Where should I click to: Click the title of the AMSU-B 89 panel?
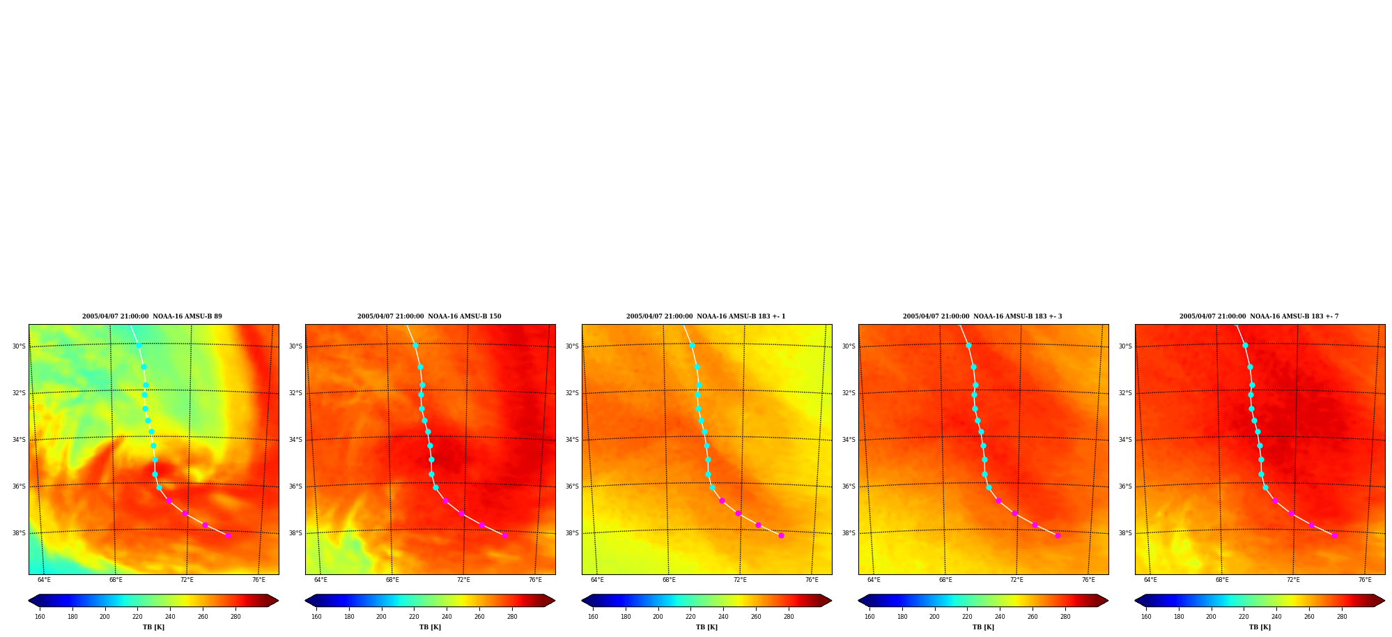coord(152,316)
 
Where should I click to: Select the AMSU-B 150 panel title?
coord(429,316)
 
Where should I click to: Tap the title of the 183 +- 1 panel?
coord(706,316)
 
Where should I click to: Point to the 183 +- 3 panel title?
coord(982,316)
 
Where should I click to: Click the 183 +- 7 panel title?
coord(1259,316)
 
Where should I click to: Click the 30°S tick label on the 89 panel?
coord(19,346)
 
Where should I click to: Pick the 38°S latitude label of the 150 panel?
coord(295,533)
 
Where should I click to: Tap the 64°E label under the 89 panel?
coord(44,580)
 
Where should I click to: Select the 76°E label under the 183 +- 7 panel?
coord(1365,580)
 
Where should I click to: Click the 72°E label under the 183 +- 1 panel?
coord(740,580)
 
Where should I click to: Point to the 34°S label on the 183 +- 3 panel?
coord(849,440)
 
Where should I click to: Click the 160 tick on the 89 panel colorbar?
coord(40,617)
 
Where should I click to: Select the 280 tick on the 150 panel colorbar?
coord(512,617)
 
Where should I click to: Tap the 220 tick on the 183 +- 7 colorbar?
coord(1244,617)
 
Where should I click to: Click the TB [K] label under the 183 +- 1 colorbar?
coord(706,627)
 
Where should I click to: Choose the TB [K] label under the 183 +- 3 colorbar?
coord(983,627)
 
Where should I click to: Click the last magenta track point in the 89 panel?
coord(228,535)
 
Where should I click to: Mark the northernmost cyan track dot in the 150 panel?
coord(415,345)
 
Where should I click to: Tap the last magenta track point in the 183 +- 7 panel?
coord(1334,535)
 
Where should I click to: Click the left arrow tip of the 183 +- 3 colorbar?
coord(858,601)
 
